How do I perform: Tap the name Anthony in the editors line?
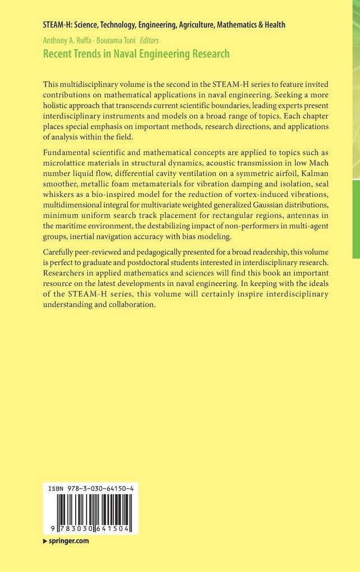[56, 40]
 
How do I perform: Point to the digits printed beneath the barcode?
[90, 529]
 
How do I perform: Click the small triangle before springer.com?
[45, 541]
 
